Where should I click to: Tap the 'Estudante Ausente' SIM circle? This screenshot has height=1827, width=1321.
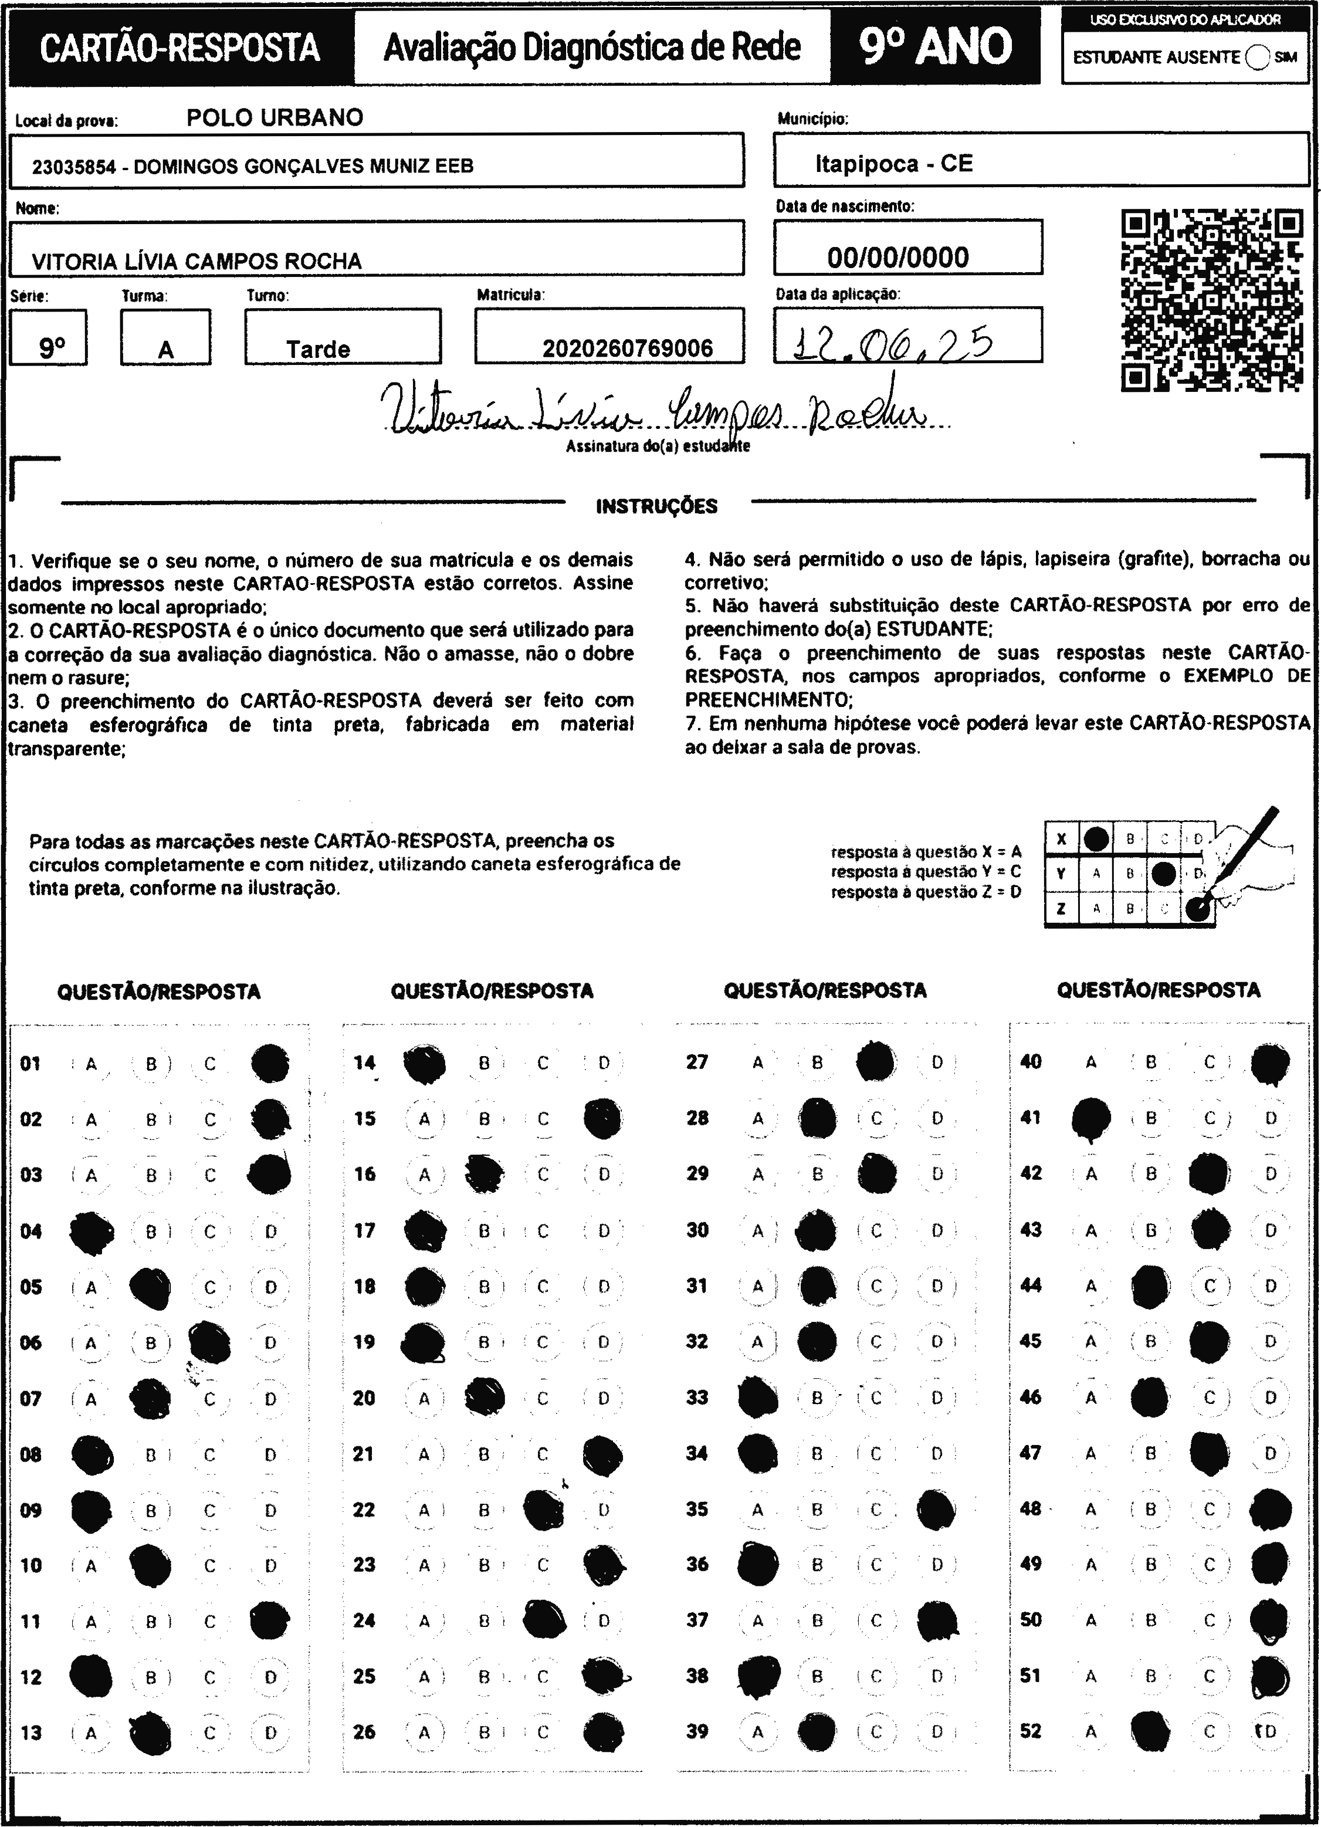[1256, 57]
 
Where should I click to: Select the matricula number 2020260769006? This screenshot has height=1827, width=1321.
[628, 349]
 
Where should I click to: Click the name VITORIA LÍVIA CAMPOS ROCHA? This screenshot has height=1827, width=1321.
[197, 261]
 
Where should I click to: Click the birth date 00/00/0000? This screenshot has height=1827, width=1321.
[897, 258]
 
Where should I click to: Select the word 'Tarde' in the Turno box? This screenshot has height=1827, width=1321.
[318, 350]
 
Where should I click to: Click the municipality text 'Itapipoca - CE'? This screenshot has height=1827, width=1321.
[893, 164]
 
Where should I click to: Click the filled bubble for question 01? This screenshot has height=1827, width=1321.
[270, 1063]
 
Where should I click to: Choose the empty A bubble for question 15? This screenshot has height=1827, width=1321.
[425, 1119]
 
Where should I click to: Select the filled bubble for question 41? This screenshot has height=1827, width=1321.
[1092, 1119]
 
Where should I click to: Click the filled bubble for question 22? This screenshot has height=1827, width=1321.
[544, 1510]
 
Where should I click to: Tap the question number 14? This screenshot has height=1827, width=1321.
[364, 1063]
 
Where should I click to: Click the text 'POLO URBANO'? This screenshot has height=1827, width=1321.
[275, 117]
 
